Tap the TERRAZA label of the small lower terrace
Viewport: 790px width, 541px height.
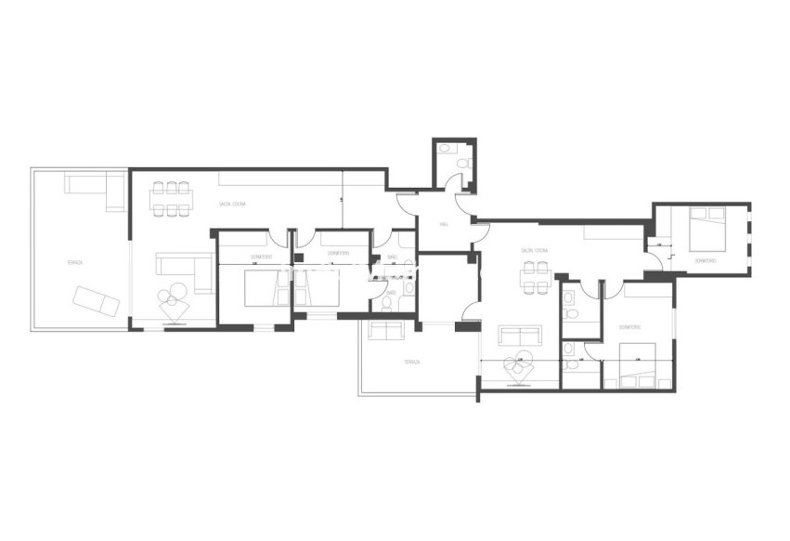411,362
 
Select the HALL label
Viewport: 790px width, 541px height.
445,223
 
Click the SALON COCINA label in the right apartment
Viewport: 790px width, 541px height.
534,250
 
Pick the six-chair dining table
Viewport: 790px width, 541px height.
172,198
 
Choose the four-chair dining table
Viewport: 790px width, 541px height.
536,277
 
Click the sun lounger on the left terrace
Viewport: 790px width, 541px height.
97,301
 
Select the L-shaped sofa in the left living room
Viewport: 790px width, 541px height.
183,270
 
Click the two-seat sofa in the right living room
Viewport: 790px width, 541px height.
519,335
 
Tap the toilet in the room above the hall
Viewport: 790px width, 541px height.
445,149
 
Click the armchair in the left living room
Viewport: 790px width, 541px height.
172,303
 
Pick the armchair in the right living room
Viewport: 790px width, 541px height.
517,369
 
